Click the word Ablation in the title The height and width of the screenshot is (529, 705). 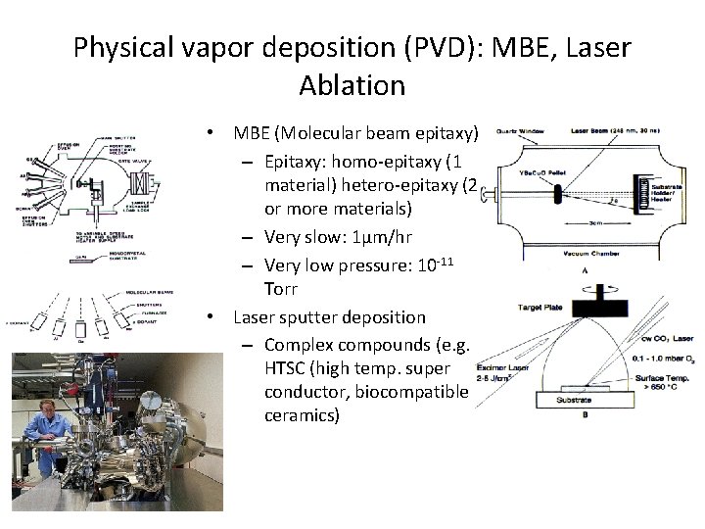(352, 85)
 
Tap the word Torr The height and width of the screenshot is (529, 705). (282, 290)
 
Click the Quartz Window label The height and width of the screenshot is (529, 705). (519, 129)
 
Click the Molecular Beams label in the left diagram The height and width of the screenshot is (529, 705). (156, 291)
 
